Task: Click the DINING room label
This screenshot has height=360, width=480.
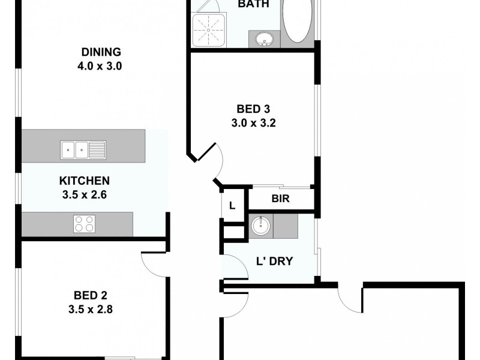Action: (101, 52)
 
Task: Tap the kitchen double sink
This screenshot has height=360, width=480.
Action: (83, 149)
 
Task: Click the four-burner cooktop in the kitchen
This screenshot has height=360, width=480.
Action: (84, 224)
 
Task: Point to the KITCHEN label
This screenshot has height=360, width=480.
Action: (84, 181)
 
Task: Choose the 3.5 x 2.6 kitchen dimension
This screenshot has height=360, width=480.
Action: (84, 194)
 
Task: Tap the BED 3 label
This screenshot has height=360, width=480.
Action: (253, 109)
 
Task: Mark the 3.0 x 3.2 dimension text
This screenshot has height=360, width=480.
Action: (253, 124)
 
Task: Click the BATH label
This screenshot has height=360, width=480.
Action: (253, 4)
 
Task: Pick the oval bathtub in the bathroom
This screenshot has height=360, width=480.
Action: (297, 21)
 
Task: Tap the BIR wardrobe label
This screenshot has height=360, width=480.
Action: (281, 199)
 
